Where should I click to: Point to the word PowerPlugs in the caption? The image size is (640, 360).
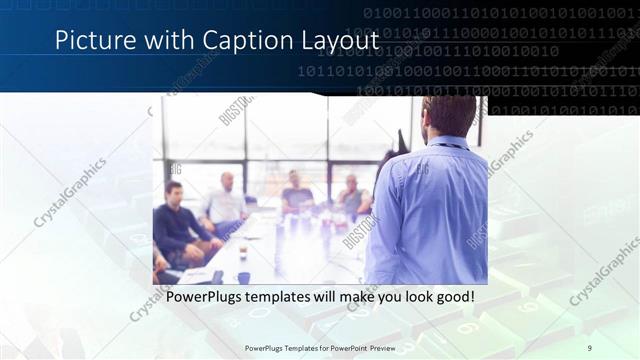[x=204, y=298]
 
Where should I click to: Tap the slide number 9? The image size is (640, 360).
[x=590, y=347]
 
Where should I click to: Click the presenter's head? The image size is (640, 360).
[x=448, y=118]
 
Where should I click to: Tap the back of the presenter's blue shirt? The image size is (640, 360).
[x=430, y=210]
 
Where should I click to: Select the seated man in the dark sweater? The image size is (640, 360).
[x=178, y=225]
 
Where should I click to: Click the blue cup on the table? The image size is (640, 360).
[x=243, y=278]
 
